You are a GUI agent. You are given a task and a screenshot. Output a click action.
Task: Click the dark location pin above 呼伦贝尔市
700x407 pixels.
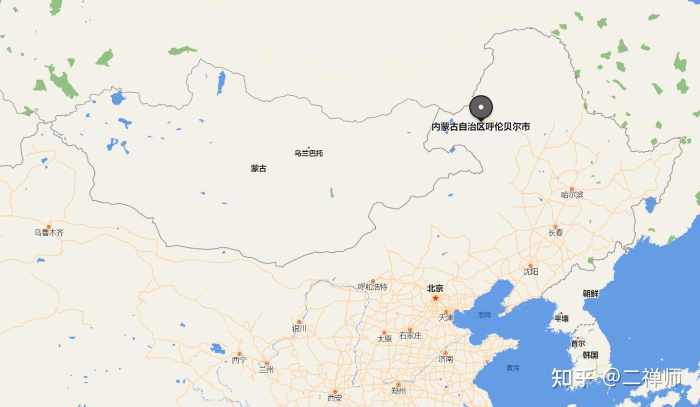[x=481, y=106]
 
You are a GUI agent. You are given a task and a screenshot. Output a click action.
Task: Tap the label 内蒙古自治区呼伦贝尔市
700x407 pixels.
[x=481, y=127]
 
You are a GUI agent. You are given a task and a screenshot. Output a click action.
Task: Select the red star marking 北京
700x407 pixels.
[x=436, y=298]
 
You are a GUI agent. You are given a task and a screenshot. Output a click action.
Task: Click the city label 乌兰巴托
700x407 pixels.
[x=308, y=153]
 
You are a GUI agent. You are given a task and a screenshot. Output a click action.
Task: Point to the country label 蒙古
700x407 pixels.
[x=259, y=169]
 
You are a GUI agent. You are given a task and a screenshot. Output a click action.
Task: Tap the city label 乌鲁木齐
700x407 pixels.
[x=49, y=232]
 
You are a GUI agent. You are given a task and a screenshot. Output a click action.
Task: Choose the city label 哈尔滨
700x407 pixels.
[x=572, y=195]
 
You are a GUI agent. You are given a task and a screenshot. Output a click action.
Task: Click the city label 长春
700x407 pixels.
[x=556, y=233]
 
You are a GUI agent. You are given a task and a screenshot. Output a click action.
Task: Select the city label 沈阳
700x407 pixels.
[x=531, y=271]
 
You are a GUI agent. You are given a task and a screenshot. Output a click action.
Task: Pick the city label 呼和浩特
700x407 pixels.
[x=373, y=287]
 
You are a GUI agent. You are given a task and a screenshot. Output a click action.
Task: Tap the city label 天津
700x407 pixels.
[x=446, y=318]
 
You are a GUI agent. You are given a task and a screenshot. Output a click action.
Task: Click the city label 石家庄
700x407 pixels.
[x=410, y=336]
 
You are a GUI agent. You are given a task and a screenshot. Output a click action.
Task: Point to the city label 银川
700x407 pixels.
[x=299, y=328]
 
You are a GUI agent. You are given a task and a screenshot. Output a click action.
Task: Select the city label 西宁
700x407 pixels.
[x=239, y=360]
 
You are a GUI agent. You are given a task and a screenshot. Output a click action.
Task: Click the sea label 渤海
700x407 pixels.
[x=484, y=315]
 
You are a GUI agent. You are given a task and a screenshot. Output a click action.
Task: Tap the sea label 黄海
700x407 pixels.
[x=512, y=368]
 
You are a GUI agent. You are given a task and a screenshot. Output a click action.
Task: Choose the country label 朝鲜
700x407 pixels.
[x=591, y=294]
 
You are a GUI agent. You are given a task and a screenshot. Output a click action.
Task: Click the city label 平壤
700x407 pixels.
[x=561, y=319]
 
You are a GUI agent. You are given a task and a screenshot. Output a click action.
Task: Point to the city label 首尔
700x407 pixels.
[x=578, y=344]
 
